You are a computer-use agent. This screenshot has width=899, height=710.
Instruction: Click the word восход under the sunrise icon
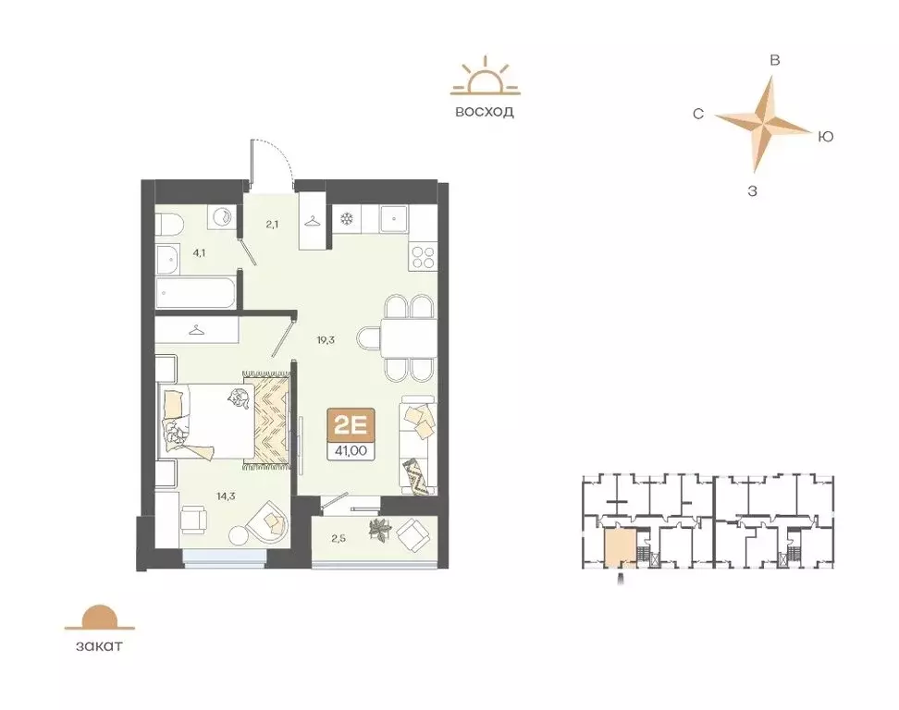[484, 112]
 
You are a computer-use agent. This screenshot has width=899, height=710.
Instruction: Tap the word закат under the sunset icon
[93, 645]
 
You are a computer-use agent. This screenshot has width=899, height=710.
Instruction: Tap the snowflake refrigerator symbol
[347, 219]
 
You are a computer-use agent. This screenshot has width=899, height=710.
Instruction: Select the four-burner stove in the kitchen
[423, 256]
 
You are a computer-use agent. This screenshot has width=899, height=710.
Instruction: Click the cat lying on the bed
[239, 398]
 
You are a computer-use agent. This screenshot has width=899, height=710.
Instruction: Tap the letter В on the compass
[776, 60]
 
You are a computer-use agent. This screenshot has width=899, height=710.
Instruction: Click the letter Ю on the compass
[826, 137]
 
